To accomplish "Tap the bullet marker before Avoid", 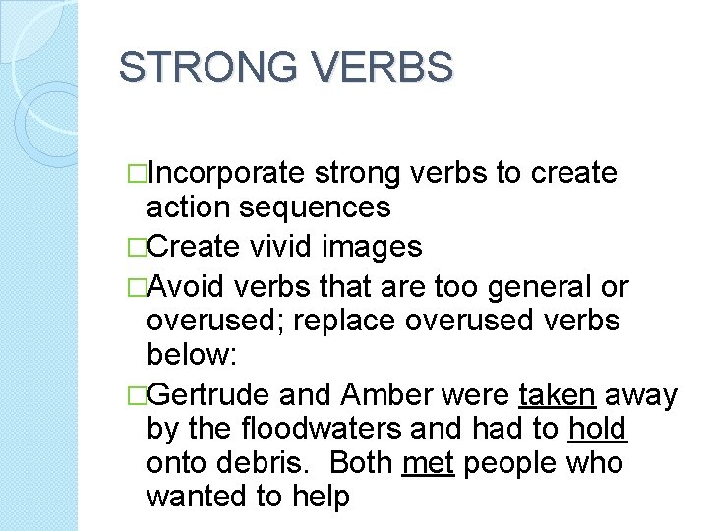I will coord(137,287).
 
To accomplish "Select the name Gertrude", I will coord(208,395).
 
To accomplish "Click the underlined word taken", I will coord(557,395).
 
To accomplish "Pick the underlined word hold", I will coord(598,430).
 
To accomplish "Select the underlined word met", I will coord(428,463).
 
